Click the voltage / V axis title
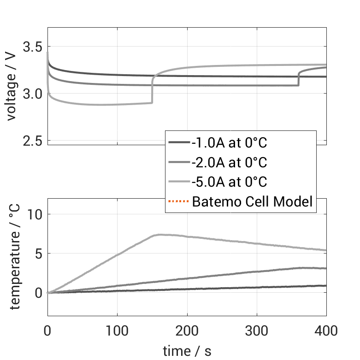tap(12, 87)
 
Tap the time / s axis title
tap(187, 351)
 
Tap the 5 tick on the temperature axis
tap(39, 254)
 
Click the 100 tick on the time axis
tap(117, 330)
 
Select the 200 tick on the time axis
tap(187, 330)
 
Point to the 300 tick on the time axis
tap(257, 330)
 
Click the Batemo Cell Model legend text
tap(252, 201)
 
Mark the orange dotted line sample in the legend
tap(179, 201)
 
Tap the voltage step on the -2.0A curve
tap(299, 78)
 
